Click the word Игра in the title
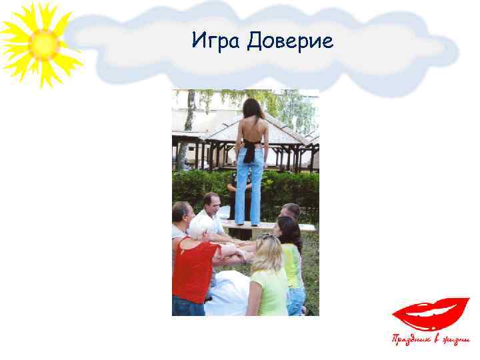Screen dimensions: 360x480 (216, 42)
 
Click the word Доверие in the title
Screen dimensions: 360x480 (289, 42)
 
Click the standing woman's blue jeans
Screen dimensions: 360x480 (250, 187)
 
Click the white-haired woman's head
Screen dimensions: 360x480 (201, 227)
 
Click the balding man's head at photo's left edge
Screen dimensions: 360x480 (181, 213)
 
